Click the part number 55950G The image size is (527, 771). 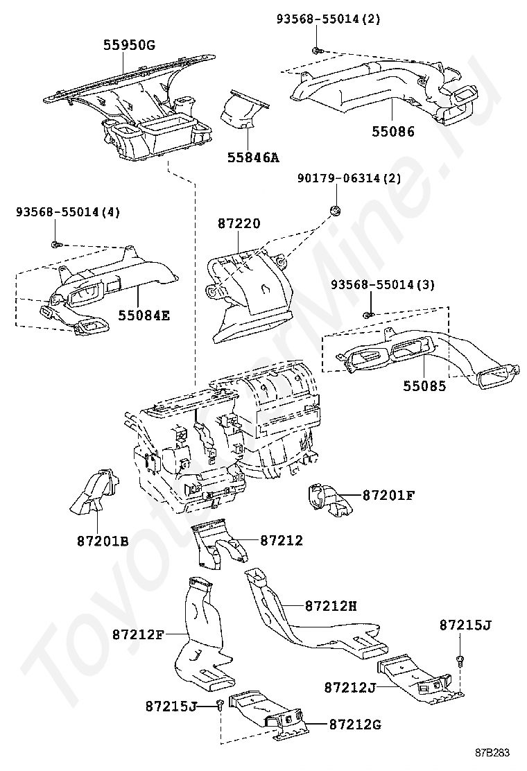(x=129, y=46)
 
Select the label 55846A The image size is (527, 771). (x=253, y=158)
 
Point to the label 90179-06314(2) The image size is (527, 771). (x=349, y=178)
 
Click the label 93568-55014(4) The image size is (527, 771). (x=68, y=212)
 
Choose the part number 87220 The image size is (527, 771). (x=239, y=224)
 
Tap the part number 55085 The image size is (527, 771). (x=425, y=386)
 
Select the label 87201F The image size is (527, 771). (x=388, y=496)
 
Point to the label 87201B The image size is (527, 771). (x=103, y=541)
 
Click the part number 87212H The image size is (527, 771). (x=331, y=606)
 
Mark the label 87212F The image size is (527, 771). (x=138, y=634)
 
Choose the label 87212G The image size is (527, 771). (x=355, y=725)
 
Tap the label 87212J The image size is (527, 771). (x=350, y=687)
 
